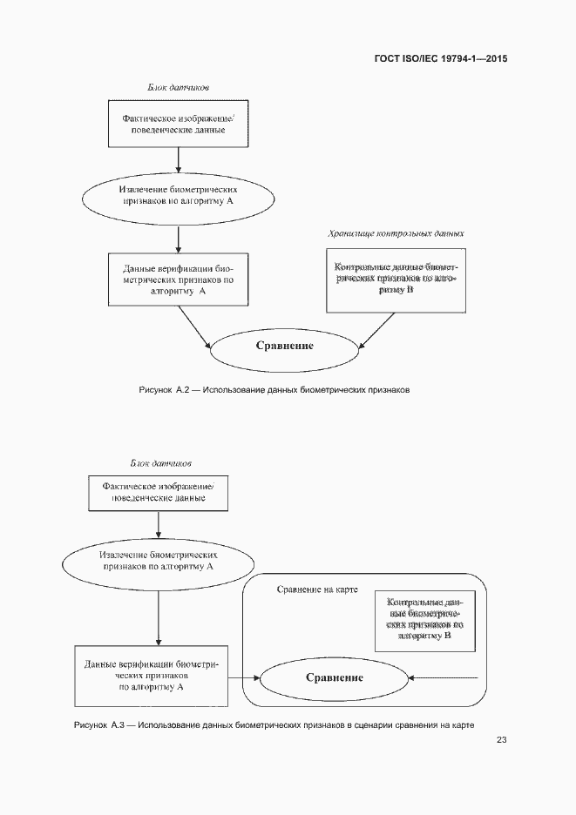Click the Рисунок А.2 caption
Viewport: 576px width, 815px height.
274,390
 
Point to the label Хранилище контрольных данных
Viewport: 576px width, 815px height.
396,233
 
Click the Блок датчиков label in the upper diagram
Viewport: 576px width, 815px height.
177,87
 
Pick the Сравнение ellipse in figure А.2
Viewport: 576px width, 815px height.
284,346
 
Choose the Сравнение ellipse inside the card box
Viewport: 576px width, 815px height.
334,677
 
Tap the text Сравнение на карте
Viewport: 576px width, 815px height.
317,589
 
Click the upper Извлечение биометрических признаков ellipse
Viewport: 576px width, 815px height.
177,194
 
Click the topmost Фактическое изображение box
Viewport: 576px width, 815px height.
177,124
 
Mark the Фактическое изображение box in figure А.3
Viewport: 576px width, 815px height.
158,492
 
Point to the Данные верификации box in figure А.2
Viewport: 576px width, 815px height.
178,280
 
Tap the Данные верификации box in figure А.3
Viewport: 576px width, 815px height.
151,676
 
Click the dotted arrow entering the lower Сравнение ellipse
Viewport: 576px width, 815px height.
444,677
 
